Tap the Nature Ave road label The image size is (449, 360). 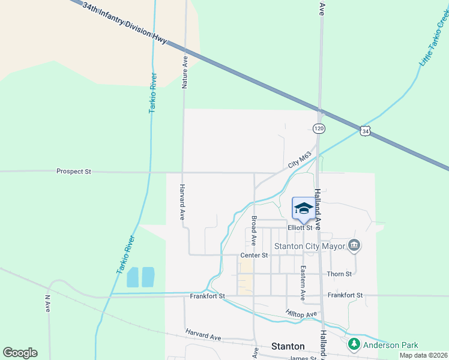click(185, 73)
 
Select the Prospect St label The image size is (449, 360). click(73, 172)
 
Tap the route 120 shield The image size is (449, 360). click(319, 128)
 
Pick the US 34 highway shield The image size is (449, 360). click(365, 130)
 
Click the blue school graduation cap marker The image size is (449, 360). click(303, 209)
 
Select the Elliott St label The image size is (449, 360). click(300, 228)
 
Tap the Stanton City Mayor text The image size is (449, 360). click(309, 246)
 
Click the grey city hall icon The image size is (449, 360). click(354, 245)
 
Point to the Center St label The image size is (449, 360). click(253, 256)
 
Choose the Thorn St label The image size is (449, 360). click(339, 274)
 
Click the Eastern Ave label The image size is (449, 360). click(304, 283)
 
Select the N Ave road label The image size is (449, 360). click(48, 303)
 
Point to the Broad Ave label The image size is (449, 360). click(255, 231)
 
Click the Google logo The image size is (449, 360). click(20, 353)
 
